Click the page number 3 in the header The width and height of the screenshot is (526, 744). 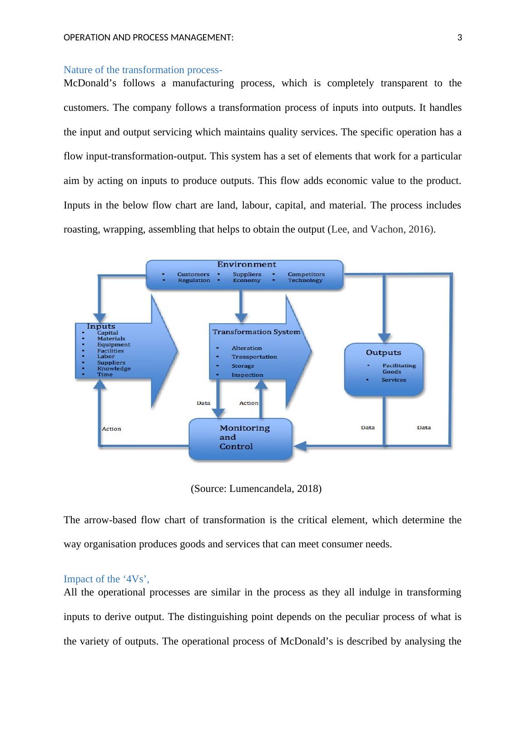459,38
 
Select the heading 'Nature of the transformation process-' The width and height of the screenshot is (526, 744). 143,69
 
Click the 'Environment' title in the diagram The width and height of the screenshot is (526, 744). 246,264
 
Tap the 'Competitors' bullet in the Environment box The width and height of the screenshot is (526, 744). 306,274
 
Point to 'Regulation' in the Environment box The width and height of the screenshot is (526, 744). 194,280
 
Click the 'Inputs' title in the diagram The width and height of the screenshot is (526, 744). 101,326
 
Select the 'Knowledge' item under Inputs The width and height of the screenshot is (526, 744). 114,368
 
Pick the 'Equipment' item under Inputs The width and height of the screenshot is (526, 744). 114,344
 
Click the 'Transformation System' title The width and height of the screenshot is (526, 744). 256,332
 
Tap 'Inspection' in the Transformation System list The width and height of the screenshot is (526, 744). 247,375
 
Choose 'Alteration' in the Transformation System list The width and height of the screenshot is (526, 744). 247,348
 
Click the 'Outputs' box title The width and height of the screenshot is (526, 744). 383,352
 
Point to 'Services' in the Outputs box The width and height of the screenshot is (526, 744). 394,380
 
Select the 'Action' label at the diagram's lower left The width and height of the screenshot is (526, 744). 111,429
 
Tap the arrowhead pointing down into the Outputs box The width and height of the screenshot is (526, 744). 384,337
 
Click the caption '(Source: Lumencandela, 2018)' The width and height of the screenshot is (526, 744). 256,489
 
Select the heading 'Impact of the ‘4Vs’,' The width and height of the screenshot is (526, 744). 106,579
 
